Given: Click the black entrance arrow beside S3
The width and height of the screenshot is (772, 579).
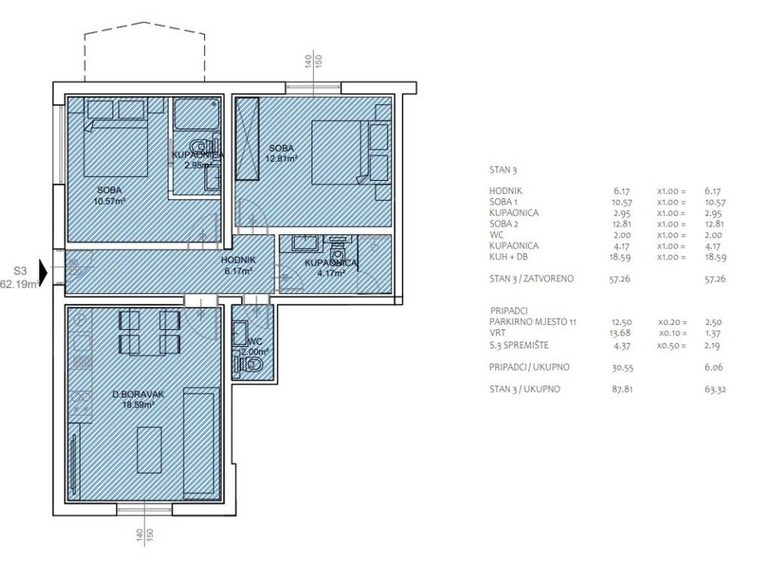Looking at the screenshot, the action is pos(43,273).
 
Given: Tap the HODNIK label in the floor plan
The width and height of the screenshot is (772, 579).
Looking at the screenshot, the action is pos(237,260).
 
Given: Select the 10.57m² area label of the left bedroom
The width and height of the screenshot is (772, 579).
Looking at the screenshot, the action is pos(109,201).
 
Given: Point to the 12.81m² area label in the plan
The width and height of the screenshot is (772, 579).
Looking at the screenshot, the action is pos(282,158).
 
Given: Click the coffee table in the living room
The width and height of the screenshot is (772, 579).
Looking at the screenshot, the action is pos(149,449).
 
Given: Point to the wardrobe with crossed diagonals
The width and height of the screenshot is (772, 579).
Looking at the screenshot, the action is pos(247,139).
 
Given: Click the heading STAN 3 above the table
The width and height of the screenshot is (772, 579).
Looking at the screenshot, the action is pos(503,170).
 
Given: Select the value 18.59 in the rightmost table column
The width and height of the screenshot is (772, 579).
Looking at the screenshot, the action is pos(715,257).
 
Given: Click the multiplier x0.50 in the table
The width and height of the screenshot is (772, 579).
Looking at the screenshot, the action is pos(672,345).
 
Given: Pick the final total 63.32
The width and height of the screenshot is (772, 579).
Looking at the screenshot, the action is pos(715,390).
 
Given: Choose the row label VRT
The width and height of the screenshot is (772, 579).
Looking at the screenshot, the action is pos(498,332).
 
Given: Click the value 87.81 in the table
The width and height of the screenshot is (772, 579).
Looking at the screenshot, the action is pos(622,389).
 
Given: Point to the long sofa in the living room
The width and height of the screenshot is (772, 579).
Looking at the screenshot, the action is pos(201,443).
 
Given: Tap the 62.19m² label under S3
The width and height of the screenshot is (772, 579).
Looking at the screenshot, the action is pos(20,283).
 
